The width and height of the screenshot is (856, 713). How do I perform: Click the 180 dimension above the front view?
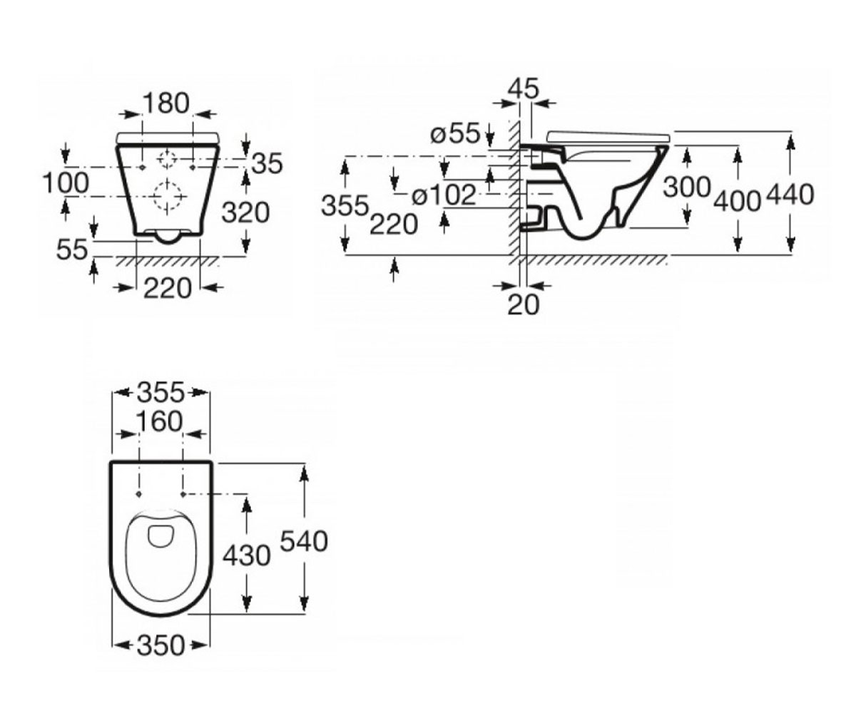click(x=166, y=103)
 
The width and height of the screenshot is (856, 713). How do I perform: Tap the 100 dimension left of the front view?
click(x=66, y=183)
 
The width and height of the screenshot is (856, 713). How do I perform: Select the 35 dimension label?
click(x=267, y=163)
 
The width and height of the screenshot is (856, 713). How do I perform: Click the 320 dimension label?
click(x=245, y=212)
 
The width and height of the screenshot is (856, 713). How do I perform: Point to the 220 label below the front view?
click(x=168, y=288)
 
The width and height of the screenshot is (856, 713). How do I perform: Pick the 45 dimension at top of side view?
click(x=523, y=88)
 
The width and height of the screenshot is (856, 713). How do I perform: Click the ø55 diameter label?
click(x=455, y=133)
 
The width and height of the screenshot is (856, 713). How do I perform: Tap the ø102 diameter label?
click(x=444, y=195)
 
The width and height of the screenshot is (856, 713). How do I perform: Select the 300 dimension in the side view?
click(x=687, y=188)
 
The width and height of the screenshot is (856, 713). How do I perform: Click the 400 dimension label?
click(x=738, y=202)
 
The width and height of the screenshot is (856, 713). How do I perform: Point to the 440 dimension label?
click(x=790, y=195)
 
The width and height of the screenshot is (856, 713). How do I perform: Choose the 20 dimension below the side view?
click(x=524, y=304)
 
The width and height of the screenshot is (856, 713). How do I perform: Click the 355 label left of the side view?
click(x=345, y=206)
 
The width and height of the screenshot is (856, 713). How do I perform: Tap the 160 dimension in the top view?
click(x=159, y=421)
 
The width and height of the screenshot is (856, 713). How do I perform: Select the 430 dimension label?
click(x=246, y=556)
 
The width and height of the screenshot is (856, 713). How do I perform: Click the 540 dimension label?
click(x=304, y=541)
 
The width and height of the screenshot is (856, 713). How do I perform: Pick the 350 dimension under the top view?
click(x=160, y=645)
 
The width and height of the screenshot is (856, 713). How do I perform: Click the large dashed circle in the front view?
click(x=167, y=197)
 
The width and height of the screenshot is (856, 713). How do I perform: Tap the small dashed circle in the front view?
click(x=167, y=160)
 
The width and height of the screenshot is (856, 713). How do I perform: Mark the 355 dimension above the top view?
click(x=160, y=393)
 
